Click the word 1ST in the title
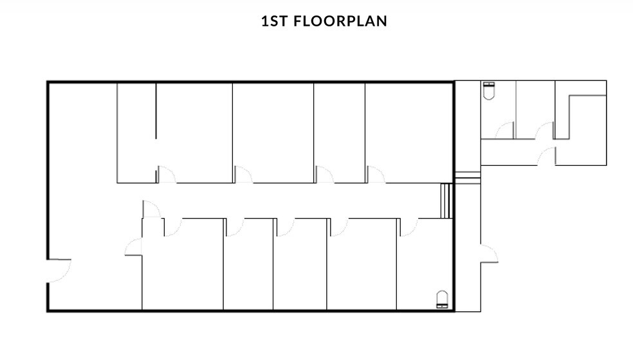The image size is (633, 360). [275, 21]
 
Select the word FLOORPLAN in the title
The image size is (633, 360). [340, 21]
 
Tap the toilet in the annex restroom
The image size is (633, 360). [489, 91]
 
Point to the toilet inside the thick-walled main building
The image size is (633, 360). [442, 300]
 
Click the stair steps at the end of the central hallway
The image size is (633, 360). [446, 201]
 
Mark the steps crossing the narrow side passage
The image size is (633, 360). [468, 177]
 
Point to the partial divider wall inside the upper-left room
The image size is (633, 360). [156, 111]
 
